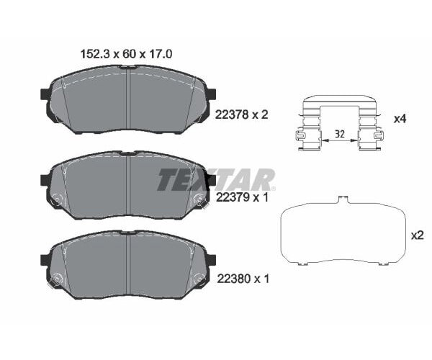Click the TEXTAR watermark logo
pos(216,179)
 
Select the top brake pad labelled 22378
pos(127,101)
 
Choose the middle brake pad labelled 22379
pos(127,186)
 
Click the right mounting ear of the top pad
pos(211,95)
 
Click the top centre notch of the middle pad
pos(127,153)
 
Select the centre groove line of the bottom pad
pos(127,266)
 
